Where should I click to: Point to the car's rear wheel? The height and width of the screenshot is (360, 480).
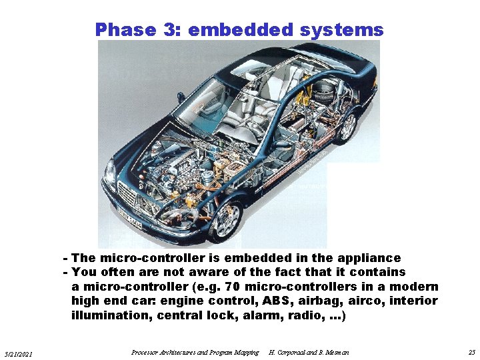[346, 126]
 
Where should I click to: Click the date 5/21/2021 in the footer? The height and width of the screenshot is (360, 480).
[23, 353]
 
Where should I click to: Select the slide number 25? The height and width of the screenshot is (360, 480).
[471, 352]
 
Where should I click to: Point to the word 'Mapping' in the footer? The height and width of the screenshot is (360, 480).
[245, 352]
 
